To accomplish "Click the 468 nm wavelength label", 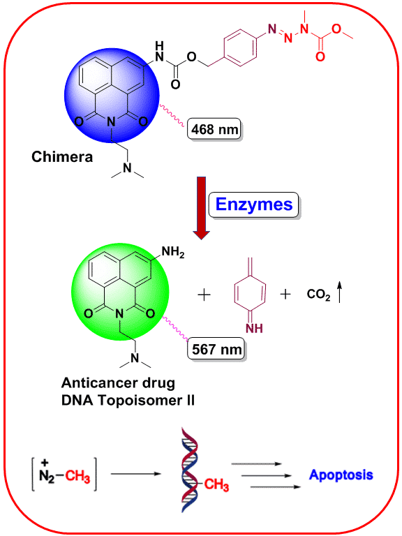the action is pos(214,129).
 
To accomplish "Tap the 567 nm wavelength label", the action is pos(217,349).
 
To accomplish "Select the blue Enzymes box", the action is pos(253,204).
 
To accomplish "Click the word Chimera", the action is pos(62,157).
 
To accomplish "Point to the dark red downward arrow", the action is pos(201,208).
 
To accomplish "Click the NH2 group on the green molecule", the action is pos(173,252).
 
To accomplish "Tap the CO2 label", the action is pos(318,294).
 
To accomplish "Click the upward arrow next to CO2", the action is pos(339,292).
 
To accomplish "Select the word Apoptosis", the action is pos(341,475).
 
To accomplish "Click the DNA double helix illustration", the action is pos(190,470).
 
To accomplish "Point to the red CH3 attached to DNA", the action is pos(216,484).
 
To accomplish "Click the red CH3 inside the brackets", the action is pos(77,476).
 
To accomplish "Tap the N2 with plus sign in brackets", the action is pos(47,472).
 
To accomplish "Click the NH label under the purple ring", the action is pos(254,329).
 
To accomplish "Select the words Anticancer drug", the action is pos(118,383).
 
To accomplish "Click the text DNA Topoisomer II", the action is pos(128,401).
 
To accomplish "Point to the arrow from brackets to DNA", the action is pos(135,474).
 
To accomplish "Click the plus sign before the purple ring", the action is pos(204,295).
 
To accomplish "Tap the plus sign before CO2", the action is pos(285,294).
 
